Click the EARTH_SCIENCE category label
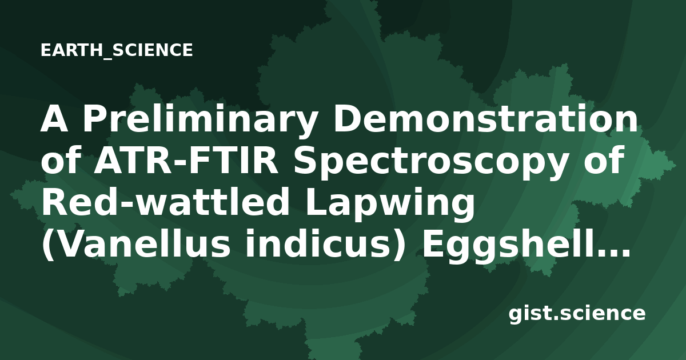click(117, 50)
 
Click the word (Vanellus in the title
click(135, 245)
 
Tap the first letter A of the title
click(54, 119)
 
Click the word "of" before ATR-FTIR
click(61, 160)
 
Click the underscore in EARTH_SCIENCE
click(109, 58)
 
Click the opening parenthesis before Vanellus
click(47, 245)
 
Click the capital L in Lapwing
click(316, 202)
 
